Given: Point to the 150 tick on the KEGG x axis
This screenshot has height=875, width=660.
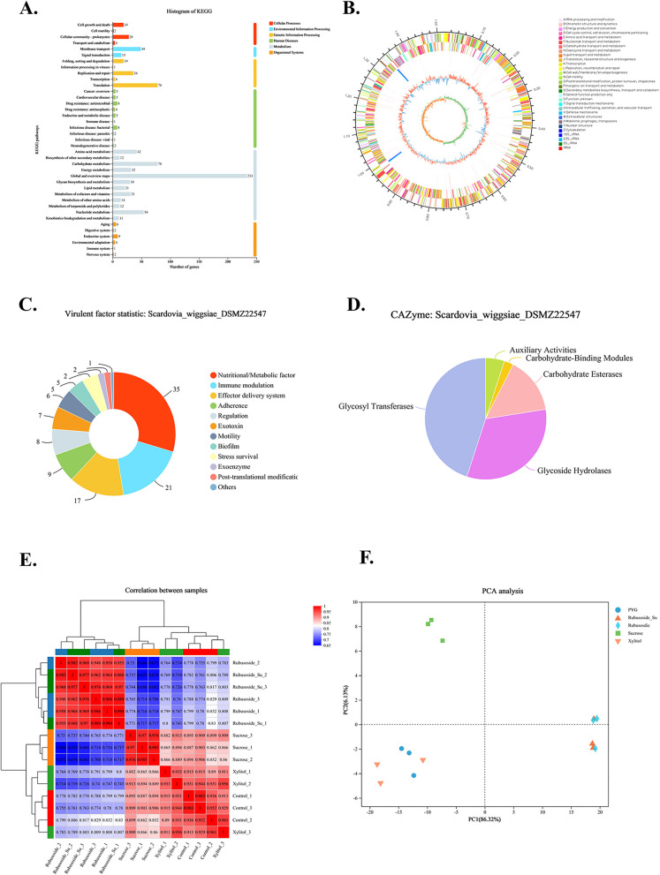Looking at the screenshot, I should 189,262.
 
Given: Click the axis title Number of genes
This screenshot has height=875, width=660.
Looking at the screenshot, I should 176,269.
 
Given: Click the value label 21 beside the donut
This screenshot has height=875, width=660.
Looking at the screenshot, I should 158,483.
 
